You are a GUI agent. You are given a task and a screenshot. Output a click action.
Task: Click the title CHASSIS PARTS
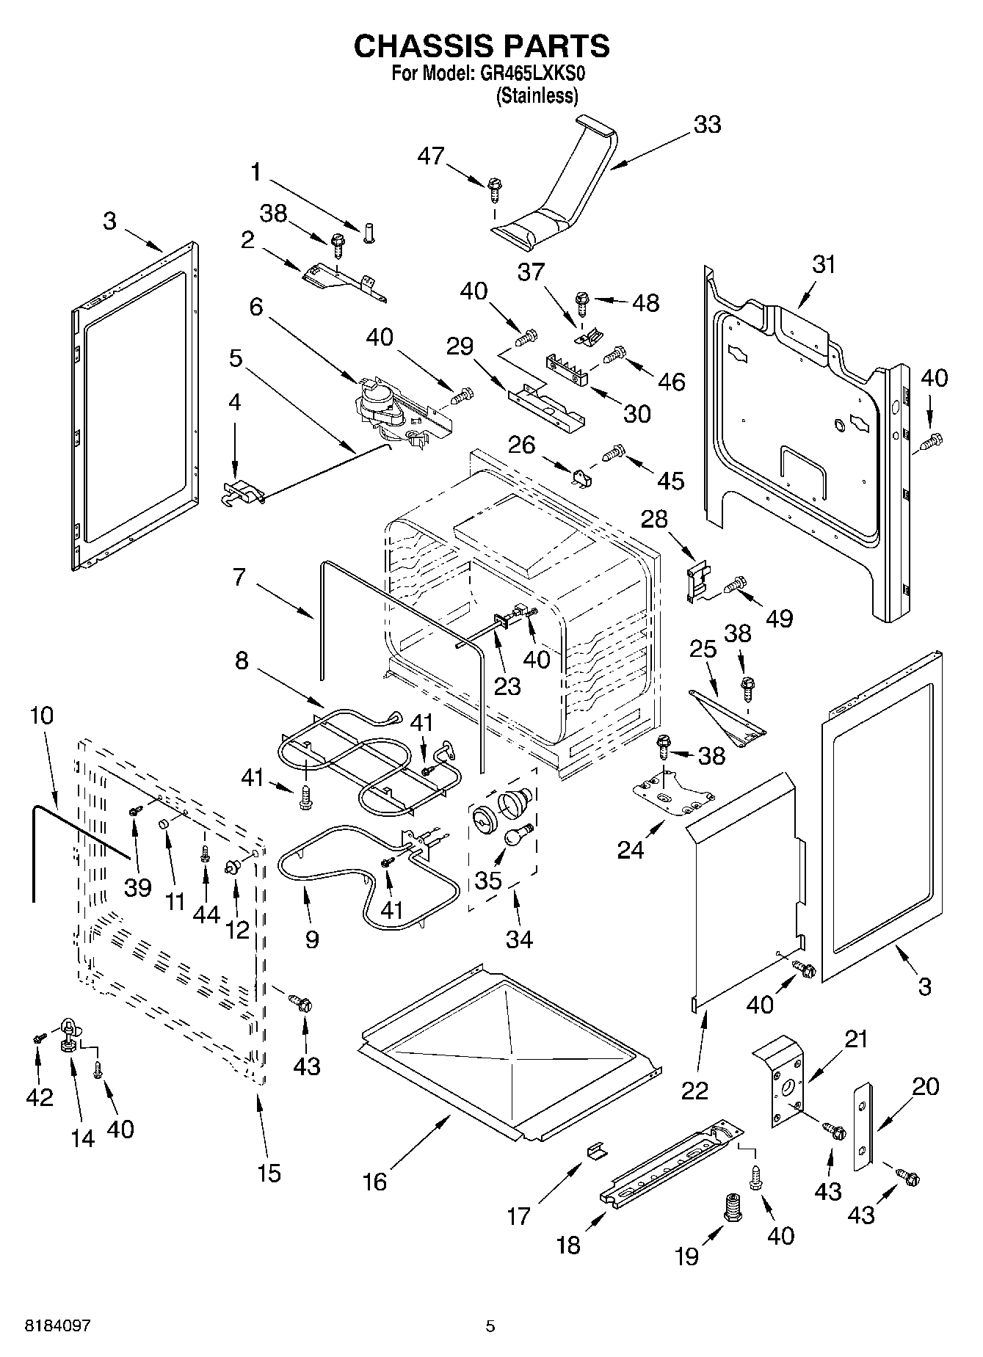pyautogui.click(x=482, y=46)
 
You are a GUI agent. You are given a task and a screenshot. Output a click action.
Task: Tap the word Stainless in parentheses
pyautogui.click(x=537, y=96)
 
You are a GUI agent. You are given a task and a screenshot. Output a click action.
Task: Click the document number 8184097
pyautogui.click(x=58, y=1325)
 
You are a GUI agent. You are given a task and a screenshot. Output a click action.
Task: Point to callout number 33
pyautogui.click(x=707, y=125)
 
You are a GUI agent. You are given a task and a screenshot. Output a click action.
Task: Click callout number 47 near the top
pyautogui.click(x=432, y=156)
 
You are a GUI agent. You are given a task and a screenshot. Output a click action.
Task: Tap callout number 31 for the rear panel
pyautogui.click(x=824, y=264)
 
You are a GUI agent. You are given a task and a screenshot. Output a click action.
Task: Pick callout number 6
pyautogui.click(x=255, y=306)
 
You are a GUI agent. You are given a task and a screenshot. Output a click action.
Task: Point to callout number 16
pyautogui.click(x=375, y=1182)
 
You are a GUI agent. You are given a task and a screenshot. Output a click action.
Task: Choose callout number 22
pyautogui.click(x=694, y=1091)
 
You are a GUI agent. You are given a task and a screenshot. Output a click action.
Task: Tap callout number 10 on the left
pyautogui.click(x=42, y=715)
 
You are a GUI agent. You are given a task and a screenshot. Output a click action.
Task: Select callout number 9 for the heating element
pyautogui.click(x=312, y=939)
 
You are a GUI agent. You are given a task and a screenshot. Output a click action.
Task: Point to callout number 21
pyautogui.click(x=856, y=1039)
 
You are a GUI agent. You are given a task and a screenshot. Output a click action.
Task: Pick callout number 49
pyautogui.click(x=780, y=618)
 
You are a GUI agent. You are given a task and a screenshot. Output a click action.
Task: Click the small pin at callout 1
pyautogui.click(x=369, y=233)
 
